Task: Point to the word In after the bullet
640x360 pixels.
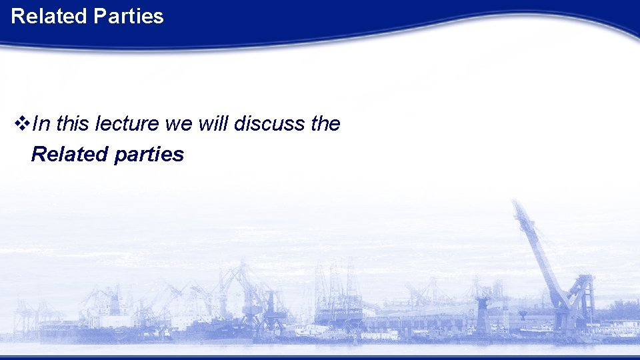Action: pyautogui.click(x=40, y=123)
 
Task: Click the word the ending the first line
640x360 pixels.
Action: pyautogui.click(x=325, y=123)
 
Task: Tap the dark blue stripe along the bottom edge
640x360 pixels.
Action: pyautogui.click(x=320, y=357)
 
